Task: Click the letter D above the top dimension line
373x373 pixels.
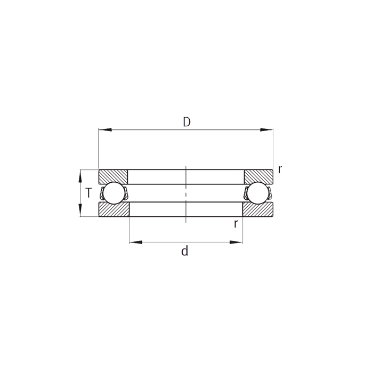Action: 186,122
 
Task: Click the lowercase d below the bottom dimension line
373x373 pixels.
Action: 184,251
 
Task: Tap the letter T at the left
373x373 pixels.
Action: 88,193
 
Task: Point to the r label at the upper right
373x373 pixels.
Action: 280,170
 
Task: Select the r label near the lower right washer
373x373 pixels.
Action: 236,224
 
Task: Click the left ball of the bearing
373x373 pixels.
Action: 114,193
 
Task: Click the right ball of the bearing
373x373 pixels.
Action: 257,193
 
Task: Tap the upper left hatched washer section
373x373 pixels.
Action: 113,176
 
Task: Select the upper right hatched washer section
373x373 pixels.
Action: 258,176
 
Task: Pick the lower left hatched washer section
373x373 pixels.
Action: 114,209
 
